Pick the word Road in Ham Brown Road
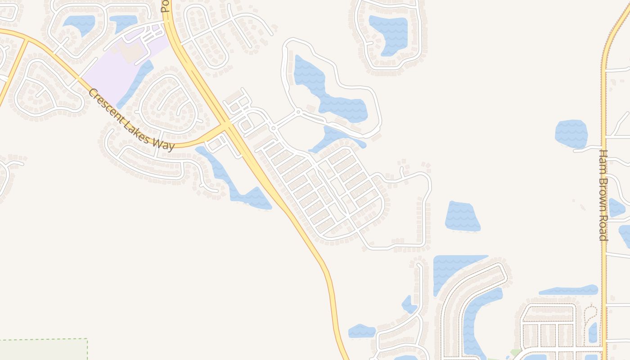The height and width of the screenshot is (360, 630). [x=603, y=228]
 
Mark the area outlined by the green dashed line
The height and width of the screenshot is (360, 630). [x=43, y=350]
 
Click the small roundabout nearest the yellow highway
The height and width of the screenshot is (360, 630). [x=273, y=128]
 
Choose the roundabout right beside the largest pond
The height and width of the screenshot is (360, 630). [x=298, y=111]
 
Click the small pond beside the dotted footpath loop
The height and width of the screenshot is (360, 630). [x=593, y=333]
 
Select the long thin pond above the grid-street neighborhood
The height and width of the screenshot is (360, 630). [x=568, y=291]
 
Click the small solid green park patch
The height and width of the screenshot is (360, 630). [x=515, y=352]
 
